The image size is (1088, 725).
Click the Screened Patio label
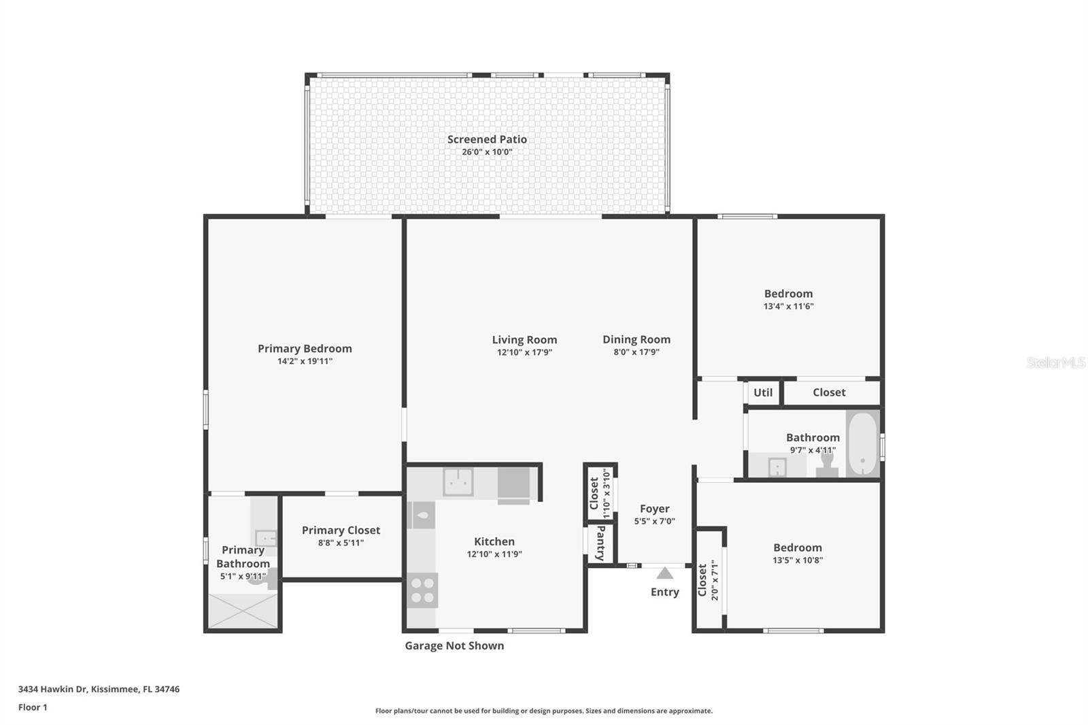click(x=487, y=139)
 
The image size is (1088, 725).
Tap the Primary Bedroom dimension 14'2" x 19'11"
click(x=305, y=361)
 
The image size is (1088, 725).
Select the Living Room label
click(x=524, y=339)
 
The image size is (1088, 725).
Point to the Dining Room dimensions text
click(x=636, y=352)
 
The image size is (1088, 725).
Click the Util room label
click(x=762, y=392)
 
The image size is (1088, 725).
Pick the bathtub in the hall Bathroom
click(x=862, y=443)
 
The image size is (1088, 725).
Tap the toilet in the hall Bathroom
click(x=827, y=462)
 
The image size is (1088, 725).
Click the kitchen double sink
click(x=458, y=482)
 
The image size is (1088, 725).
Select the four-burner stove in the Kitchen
click(x=422, y=590)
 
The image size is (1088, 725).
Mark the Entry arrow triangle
click(x=665, y=573)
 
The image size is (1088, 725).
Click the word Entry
click(x=664, y=592)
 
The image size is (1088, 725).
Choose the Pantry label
click(x=600, y=543)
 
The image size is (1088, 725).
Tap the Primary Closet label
click(x=341, y=530)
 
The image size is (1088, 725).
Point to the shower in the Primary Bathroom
click(x=243, y=610)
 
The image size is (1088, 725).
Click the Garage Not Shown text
click(x=454, y=645)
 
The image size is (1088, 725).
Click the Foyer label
click(x=654, y=509)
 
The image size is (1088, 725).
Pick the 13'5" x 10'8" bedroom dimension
click(x=797, y=560)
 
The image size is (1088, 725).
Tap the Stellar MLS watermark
click(x=1055, y=362)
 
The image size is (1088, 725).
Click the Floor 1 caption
click(x=33, y=707)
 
